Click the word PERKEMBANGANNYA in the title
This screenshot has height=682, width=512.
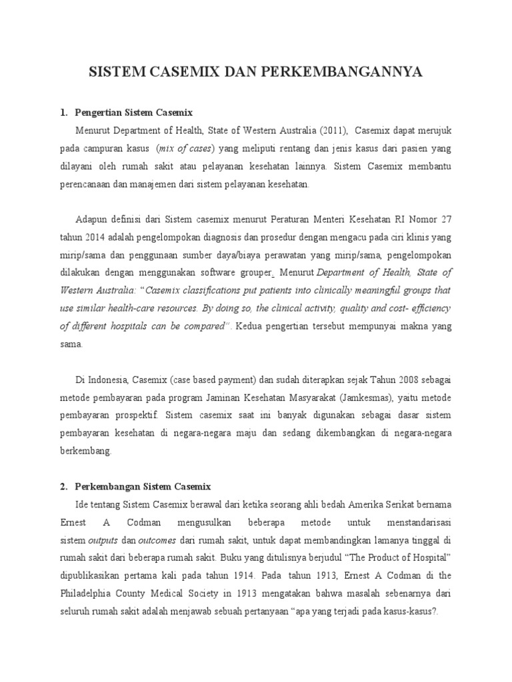[x=354, y=73]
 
